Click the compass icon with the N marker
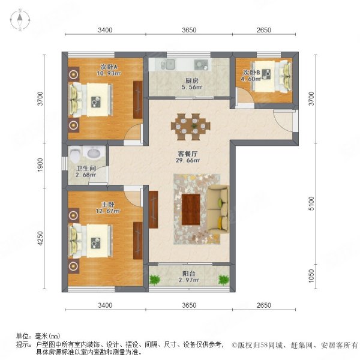19,20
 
